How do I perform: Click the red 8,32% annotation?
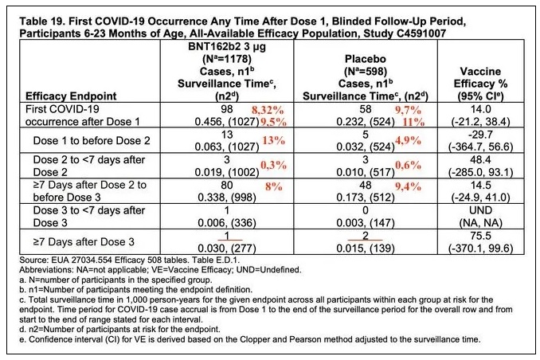pos(268,111)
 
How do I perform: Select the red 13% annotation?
pos(274,140)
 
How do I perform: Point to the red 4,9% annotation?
pos(408,140)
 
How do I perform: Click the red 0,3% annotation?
pos(273,166)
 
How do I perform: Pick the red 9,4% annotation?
pos(408,186)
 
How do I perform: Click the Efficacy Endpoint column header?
pos(71,96)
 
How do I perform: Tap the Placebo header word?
pos(366,59)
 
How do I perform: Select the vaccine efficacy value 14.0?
pos(481,109)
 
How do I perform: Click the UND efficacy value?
pos(481,210)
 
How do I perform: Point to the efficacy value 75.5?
pos(481,236)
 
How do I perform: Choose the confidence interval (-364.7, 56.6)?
pos(481,147)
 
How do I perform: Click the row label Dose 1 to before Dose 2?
pos(92,140)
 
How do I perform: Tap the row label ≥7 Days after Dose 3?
pos(84,242)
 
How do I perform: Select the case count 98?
pos(227,109)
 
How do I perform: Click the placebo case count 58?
pos(366,109)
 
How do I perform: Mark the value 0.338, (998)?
pos(227,198)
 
